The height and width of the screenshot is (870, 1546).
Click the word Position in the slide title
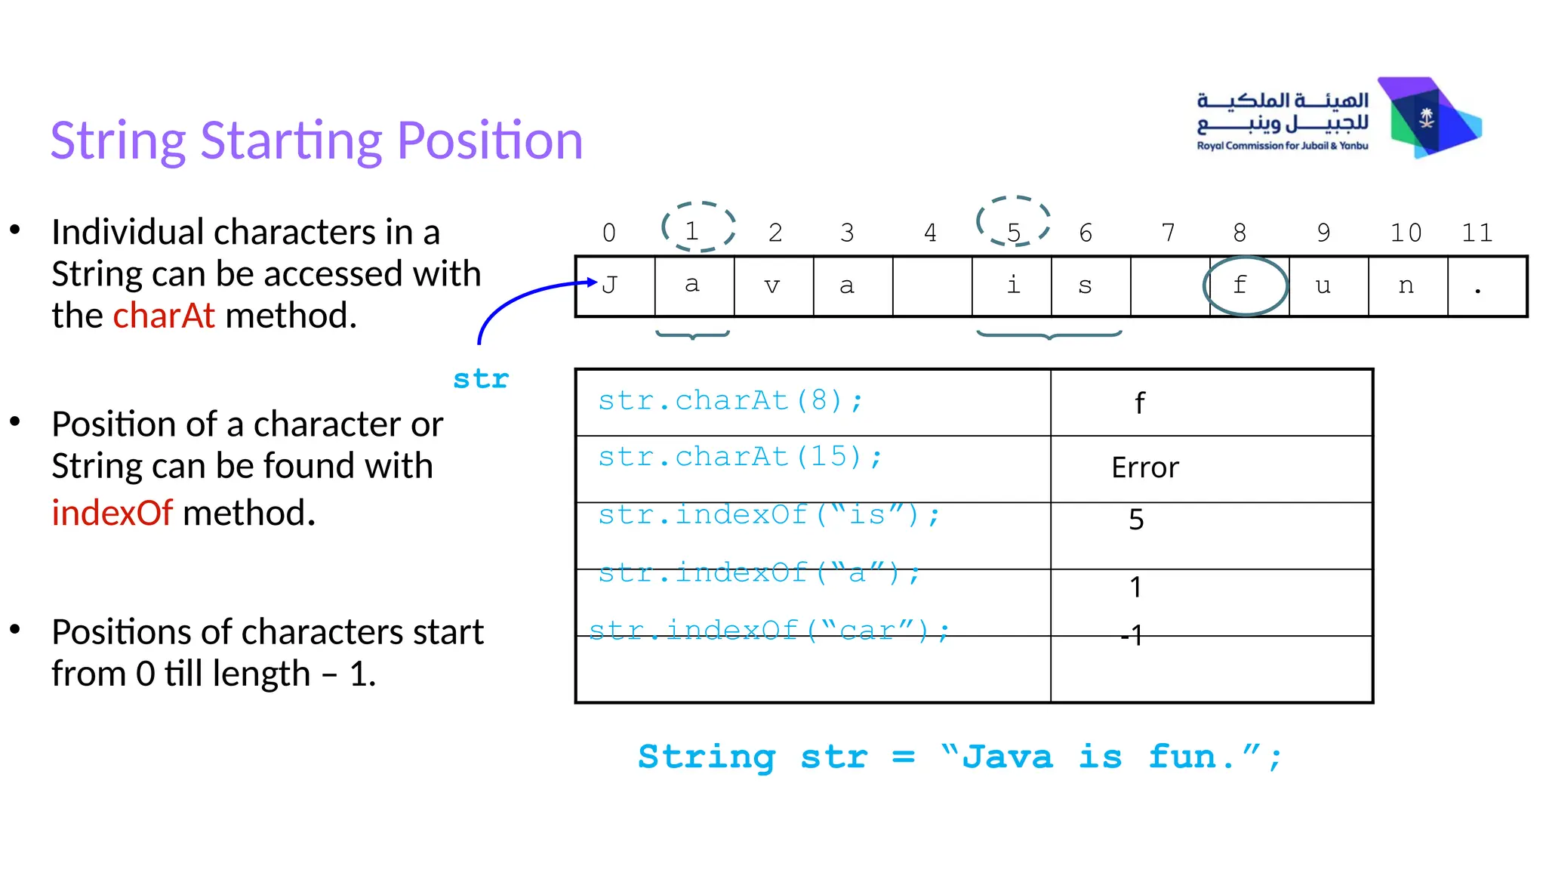point(490,141)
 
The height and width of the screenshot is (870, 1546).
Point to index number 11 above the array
point(1477,233)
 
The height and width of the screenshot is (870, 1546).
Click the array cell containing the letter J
point(615,286)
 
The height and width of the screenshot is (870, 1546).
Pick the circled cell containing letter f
point(1245,285)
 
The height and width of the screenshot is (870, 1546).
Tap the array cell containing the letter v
point(773,286)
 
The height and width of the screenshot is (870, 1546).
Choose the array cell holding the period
point(1486,286)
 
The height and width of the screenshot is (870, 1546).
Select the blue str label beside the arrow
point(481,379)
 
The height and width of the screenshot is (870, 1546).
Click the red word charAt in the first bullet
point(164,316)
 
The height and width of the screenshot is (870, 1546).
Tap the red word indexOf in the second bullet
point(112,513)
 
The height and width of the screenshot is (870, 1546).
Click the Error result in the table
point(1144,468)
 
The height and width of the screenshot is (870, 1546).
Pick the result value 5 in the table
point(1136,520)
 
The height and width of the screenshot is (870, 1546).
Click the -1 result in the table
point(1132,635)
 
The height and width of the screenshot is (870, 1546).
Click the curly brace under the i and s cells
point(1049,334)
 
